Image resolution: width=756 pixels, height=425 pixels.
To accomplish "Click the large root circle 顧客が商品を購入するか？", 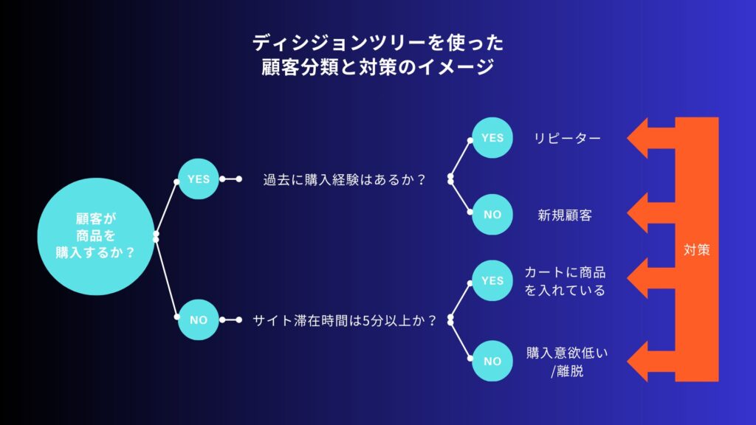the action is click(96, 236).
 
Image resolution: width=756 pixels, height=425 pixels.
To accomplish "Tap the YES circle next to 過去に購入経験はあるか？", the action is click(198, 179).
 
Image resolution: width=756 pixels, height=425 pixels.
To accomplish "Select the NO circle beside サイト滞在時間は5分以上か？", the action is click(198, 319).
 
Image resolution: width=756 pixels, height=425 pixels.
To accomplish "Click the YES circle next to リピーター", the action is click(492, 138).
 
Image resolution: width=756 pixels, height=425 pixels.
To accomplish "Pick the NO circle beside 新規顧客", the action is click(492, 215).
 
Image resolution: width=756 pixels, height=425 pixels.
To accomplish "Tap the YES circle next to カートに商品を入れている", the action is click(492, 280).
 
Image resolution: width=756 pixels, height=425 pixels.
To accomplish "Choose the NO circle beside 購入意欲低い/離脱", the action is click(492, 361).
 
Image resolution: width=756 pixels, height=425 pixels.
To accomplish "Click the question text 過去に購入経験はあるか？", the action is click(344, 180).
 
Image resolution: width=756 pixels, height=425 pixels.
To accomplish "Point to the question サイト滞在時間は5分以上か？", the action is click(344, 320).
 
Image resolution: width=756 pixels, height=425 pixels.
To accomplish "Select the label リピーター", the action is click(567, 138).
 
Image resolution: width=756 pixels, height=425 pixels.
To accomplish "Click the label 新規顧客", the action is click(565, 215).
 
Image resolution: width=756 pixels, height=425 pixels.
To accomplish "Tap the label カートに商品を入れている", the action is click(565, 281).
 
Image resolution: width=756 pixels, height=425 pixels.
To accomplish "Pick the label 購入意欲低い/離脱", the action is click(567, 362).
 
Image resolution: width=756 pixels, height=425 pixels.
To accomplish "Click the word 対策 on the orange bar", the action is click(697, 249).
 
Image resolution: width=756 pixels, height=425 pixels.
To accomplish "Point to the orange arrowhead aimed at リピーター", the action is click(637, 138).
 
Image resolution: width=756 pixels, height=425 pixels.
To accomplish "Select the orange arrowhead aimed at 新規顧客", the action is click(637, 212).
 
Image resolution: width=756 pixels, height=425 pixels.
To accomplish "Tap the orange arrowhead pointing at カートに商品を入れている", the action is click(637, 278).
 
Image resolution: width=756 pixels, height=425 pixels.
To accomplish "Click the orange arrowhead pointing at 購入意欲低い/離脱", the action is click(637, 361).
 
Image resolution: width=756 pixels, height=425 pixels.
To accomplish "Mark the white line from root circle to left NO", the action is click(166, 278).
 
